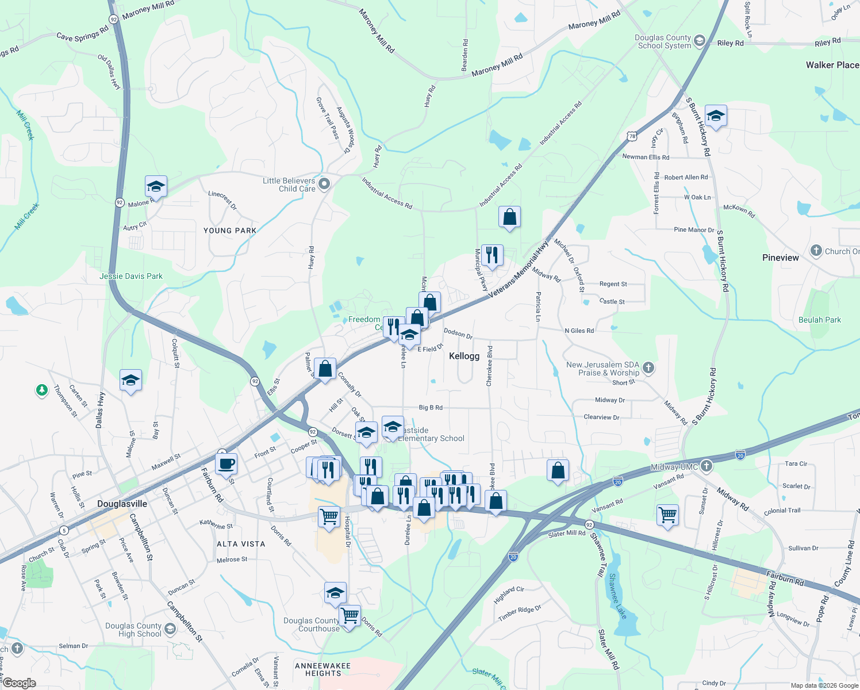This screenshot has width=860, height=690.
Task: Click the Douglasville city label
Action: point(122,504)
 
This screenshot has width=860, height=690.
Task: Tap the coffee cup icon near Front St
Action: point(226,463)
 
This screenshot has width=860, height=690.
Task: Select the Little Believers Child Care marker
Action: point(324,184)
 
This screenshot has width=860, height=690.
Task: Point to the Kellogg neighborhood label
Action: point(464,356)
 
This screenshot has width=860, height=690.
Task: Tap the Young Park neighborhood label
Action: point(230,231)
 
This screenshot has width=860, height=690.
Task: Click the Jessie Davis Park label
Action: point(131,276)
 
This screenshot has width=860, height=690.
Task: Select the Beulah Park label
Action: point(820,320)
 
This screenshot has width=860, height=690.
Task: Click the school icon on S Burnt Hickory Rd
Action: point(716,116)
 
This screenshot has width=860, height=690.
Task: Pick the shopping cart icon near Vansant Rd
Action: point(667,515)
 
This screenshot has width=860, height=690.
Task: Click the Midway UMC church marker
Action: point(707,466)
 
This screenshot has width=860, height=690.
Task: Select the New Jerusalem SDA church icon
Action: point(648,367)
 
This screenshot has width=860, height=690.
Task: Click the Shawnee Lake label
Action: point(618,596)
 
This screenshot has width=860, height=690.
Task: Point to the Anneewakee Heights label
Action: point(322,669)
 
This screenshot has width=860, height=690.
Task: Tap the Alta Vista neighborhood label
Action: point(241,544)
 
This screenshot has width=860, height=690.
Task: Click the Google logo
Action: point(20,683)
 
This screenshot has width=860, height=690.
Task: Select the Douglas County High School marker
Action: point(170,629)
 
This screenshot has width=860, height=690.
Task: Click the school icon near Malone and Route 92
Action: point(156,187)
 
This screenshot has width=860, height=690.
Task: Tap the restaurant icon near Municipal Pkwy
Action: point(492,254)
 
